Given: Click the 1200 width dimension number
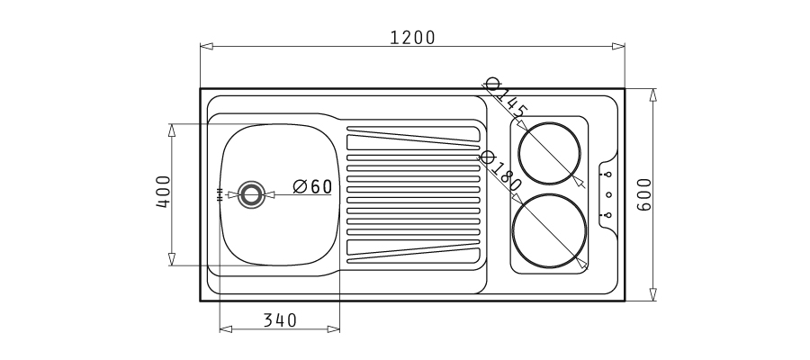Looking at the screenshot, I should point(412,37).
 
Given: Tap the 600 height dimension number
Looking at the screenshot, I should point(644,194).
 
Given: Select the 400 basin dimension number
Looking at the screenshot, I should point(164,192).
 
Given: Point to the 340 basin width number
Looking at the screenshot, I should point(280,319).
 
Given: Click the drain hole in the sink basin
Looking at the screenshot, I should point(251,193).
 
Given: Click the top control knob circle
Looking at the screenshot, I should point(608,174).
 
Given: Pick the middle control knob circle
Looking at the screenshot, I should point(608,194).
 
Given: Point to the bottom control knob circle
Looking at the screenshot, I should point(608,214).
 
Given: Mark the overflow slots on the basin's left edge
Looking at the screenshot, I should point(219,193).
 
